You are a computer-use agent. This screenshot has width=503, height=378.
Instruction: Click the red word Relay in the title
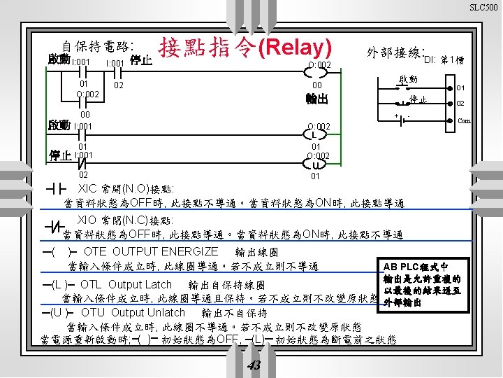pos(295,48)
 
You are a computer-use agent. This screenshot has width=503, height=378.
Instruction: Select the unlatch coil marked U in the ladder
pos(316,165)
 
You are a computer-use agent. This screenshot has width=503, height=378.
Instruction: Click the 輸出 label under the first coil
pos(316,99)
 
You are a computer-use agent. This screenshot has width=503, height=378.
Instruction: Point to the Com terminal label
pos(464,120)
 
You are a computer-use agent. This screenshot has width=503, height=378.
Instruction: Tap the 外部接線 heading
pos(395,52)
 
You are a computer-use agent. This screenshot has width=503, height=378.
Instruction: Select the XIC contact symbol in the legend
pos(54,190)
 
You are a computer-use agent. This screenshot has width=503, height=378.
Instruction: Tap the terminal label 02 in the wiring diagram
pos(460,103)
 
